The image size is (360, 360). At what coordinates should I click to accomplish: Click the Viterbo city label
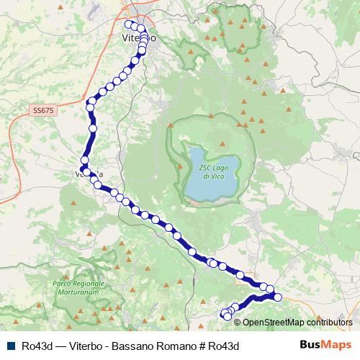(135, 37)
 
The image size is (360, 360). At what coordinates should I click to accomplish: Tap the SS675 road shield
(43, 110)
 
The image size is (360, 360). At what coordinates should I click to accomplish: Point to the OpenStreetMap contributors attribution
(297, 323)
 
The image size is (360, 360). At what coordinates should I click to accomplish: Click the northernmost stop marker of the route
(129, 24)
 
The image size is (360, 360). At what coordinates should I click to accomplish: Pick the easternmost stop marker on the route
(278, 297)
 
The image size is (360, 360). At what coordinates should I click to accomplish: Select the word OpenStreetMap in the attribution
(276, 323)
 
